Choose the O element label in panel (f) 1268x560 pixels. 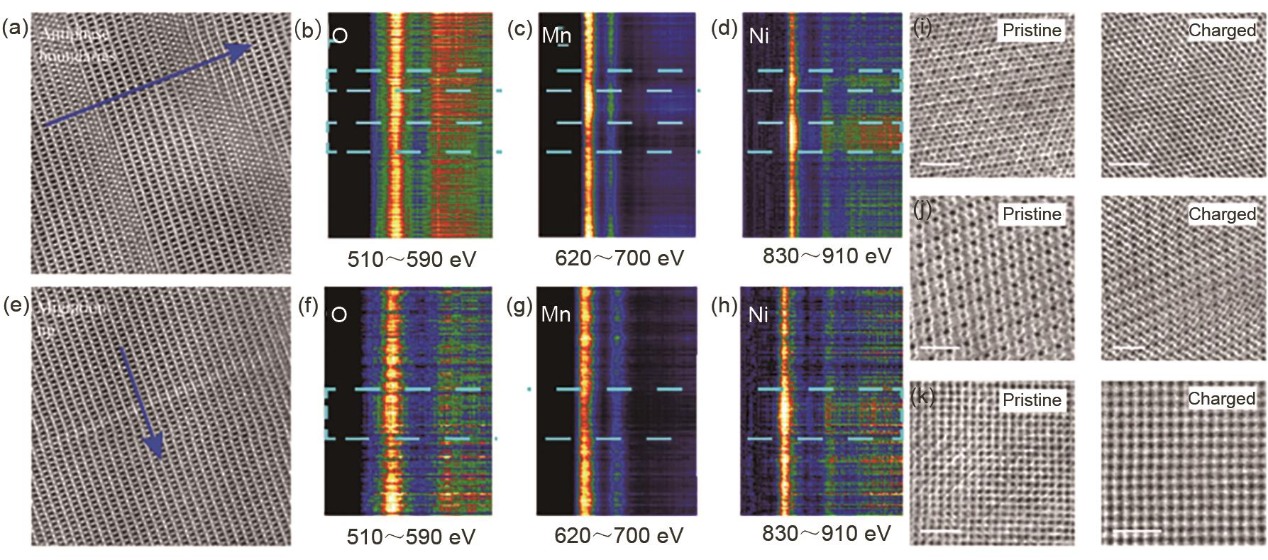[x=338, y=314]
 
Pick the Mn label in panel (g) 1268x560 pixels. [x=555, y=314]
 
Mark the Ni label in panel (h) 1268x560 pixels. [x=758, y=314]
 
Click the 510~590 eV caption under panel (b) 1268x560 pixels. [x=412, y=259]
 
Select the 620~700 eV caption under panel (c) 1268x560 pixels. [x=619, y=258]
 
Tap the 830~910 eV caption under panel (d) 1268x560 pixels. [x=827, y=256]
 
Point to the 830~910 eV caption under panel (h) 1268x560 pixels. [x=826, y=533]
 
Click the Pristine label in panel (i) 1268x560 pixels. [x=1032, y=30]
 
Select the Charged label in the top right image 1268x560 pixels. [x=1222, y=30]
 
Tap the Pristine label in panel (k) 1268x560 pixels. [x=1032, y=400]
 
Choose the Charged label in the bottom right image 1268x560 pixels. [x=1222, y=399]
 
